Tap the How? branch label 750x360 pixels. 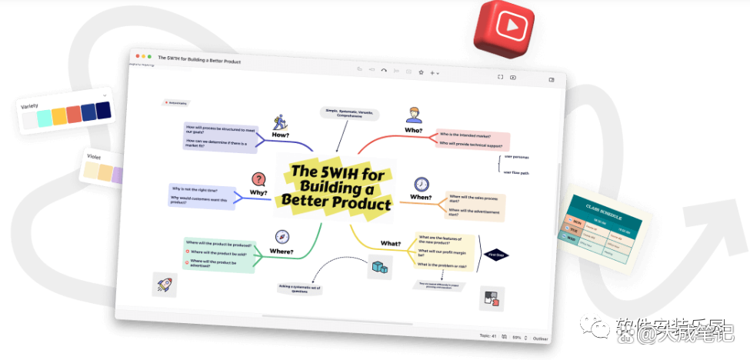(281, 135)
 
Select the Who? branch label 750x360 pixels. (413, 131)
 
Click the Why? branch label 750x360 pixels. (258, 193)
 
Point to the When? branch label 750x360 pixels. (421, 198)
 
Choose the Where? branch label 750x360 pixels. (282, 251)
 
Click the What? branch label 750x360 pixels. (391, 244)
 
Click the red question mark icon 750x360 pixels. (259, 179)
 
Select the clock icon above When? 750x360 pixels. (422, 184)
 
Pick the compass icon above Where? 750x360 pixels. (282, 237)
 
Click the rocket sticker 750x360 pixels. (164, 284)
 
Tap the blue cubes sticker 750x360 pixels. (378, 267)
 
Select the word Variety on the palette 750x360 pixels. (30, 105)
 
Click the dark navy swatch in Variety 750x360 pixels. (104, 111)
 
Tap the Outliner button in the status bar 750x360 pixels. (542, 337)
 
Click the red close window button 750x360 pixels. (137, 56)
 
